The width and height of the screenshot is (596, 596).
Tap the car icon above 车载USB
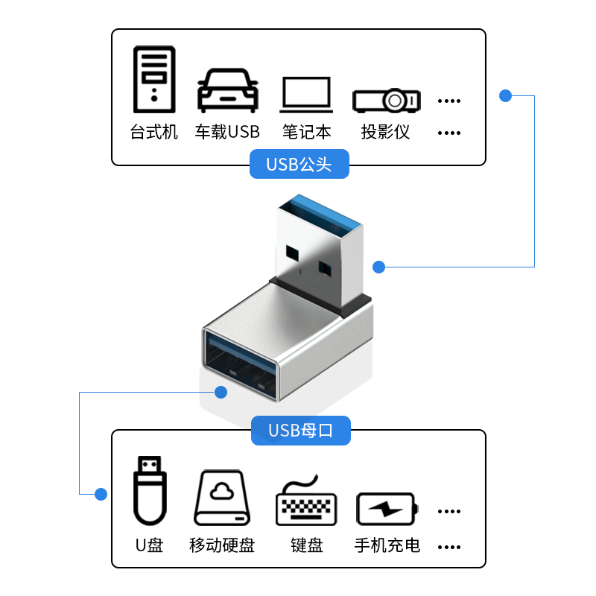227,91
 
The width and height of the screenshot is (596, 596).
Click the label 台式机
154,133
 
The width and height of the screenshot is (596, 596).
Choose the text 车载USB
227,133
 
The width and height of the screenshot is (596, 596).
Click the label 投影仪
386,133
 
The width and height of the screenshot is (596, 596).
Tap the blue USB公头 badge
299,164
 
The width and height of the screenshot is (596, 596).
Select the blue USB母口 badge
300,430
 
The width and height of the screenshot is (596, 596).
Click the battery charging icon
387,509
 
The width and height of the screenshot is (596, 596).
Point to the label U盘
149,545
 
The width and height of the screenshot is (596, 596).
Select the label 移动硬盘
222,545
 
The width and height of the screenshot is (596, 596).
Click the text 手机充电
387,545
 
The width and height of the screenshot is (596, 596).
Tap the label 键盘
307,545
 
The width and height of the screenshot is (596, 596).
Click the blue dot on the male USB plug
378,267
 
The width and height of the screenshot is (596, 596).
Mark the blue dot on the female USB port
220,391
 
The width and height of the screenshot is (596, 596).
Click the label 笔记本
307,133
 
